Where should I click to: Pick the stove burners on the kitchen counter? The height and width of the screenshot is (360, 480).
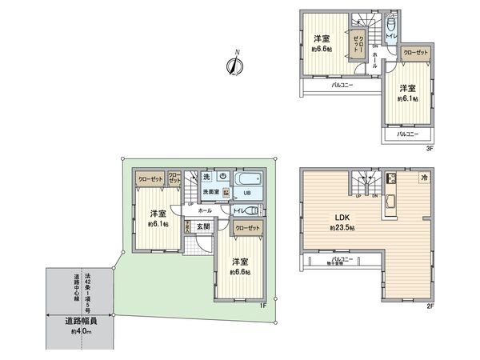(392, 178)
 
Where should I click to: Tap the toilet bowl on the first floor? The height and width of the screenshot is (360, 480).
(254, 210)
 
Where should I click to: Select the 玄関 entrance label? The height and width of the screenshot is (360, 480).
(204, 226)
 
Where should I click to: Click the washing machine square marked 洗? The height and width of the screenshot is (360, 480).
(206, 176)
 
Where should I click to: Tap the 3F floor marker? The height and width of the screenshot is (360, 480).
(430, 147)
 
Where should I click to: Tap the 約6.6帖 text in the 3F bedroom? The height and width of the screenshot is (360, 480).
(322, 50)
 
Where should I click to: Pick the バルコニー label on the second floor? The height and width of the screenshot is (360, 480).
(342, 259)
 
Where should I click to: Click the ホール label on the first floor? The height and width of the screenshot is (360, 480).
(206, 210)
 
